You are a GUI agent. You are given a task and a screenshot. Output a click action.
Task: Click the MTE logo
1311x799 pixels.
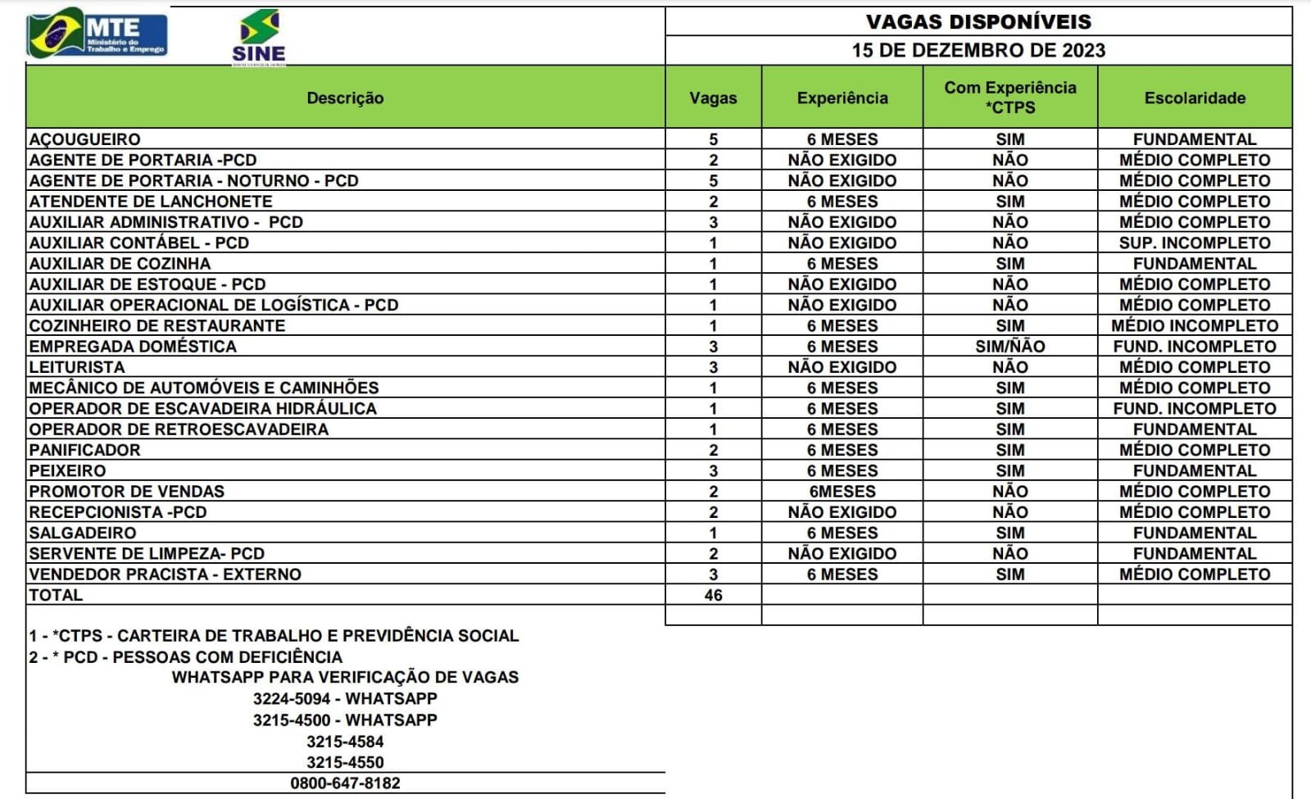click(97, 34)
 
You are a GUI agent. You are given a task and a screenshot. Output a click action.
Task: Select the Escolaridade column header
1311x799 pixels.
click(1194, 98)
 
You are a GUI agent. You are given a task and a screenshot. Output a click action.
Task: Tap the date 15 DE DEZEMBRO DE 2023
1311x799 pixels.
click(978, 50)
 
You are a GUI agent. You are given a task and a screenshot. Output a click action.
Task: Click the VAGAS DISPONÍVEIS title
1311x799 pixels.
click(978, 21)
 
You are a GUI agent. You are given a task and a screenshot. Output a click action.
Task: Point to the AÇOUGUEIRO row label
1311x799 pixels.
click(85, 139)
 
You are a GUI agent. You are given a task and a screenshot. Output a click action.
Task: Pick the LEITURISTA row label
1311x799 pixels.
click(77, 367)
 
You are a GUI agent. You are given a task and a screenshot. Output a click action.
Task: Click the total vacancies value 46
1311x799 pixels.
click(713, 595)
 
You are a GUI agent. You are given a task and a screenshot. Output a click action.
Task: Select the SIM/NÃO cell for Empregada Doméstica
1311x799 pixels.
click(1009, 347)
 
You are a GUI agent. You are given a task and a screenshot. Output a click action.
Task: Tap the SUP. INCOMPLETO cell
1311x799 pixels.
click(1194, 243)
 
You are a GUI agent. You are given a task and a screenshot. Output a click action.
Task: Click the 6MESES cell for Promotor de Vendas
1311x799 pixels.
click(841, 492)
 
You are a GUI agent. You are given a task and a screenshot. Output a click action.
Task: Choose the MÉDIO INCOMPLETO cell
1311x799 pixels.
click(1194, 326)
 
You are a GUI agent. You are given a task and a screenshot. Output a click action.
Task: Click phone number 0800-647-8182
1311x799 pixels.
click(345, 783)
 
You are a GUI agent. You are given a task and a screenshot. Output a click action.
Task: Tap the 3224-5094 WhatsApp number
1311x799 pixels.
click(345, 699)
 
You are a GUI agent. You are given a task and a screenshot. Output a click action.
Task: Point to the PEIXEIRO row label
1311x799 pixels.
click(68, 471)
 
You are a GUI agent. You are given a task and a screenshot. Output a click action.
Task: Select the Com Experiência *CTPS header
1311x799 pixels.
click(1009, 98)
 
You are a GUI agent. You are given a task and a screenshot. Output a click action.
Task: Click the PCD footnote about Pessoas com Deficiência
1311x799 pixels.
click(186, 657)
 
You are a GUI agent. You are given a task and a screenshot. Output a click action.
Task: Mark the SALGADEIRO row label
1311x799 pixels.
click(83, 533)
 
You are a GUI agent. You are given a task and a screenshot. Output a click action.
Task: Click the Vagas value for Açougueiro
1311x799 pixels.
click(713, 139)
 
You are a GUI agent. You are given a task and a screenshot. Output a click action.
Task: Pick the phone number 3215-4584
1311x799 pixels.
click(345, 742)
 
